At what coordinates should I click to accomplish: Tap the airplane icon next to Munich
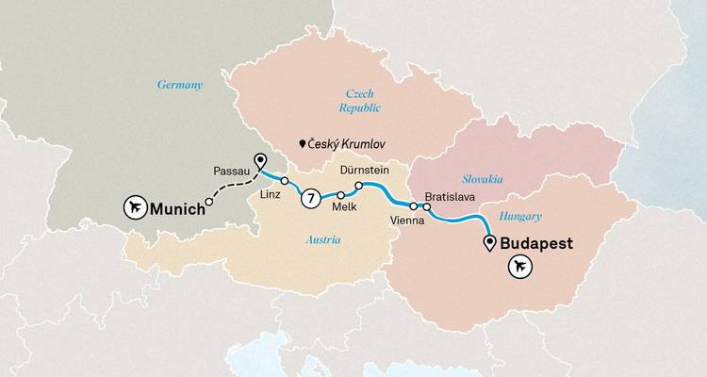tap(134, 206)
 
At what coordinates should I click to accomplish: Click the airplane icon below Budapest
tap(518, 269)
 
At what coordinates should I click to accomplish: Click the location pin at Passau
tap(259, 162)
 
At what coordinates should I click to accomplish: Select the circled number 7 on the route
tap(308, 199)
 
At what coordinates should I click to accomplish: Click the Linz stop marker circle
tap(284, 180)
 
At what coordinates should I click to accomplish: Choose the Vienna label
tap(407, 220)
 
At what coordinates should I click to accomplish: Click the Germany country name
tap(180, 85)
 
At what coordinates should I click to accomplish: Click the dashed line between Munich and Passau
tap(226, 193)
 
